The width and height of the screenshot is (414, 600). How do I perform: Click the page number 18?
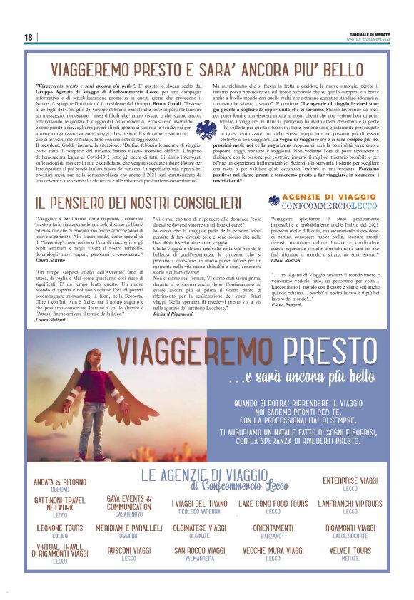[29, 37]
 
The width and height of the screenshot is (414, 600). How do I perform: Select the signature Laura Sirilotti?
[50, 321]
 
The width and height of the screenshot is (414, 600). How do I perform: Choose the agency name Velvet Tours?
[350, 551]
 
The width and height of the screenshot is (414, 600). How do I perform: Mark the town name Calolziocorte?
[350, 535]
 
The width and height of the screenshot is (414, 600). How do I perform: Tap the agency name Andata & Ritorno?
[60, 482]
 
